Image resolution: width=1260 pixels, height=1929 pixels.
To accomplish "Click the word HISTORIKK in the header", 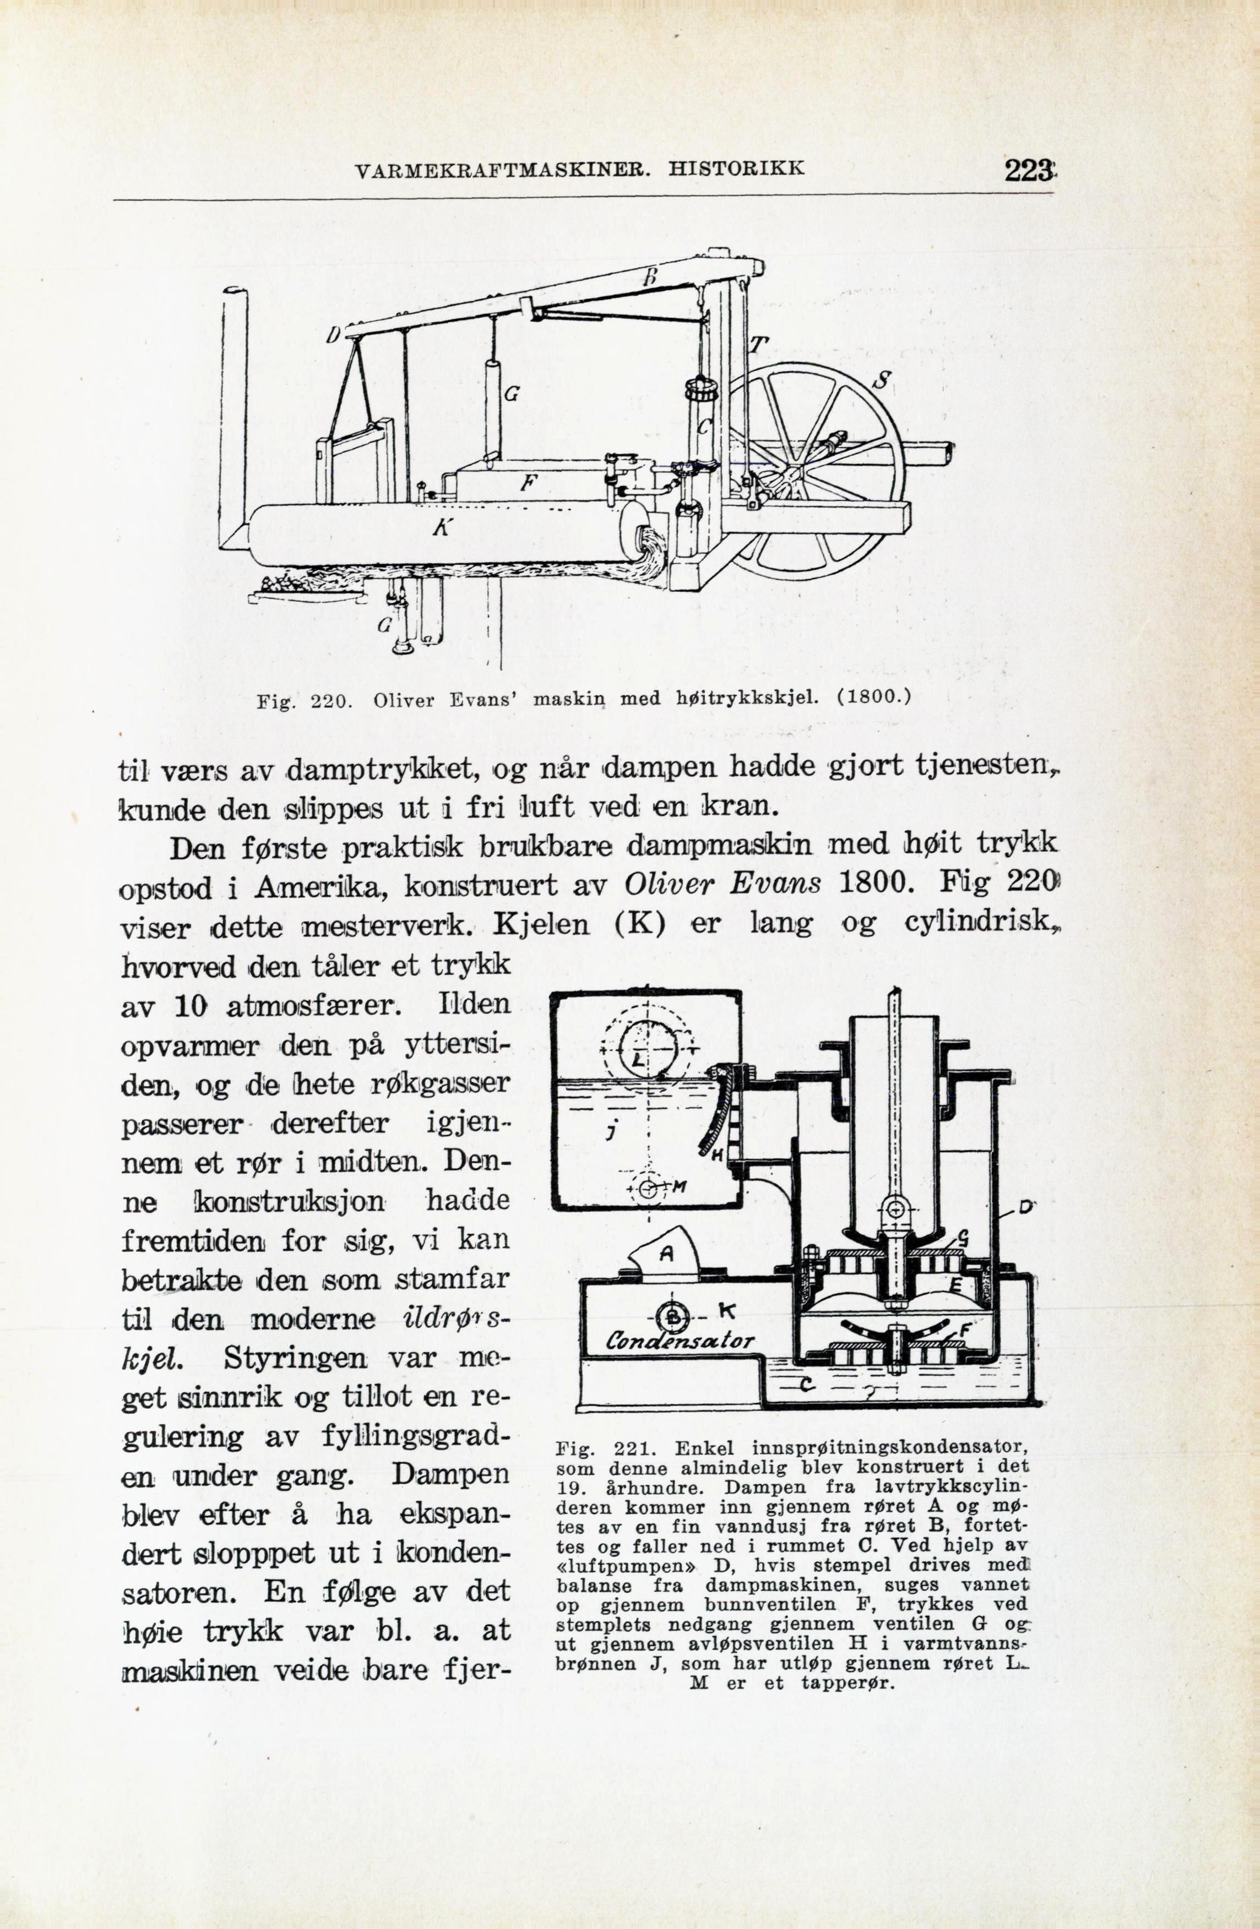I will point(737,168).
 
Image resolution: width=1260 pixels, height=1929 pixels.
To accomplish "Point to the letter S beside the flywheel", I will point(883,379).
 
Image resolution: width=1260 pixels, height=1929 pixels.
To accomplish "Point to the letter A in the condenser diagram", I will point(666,1254).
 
